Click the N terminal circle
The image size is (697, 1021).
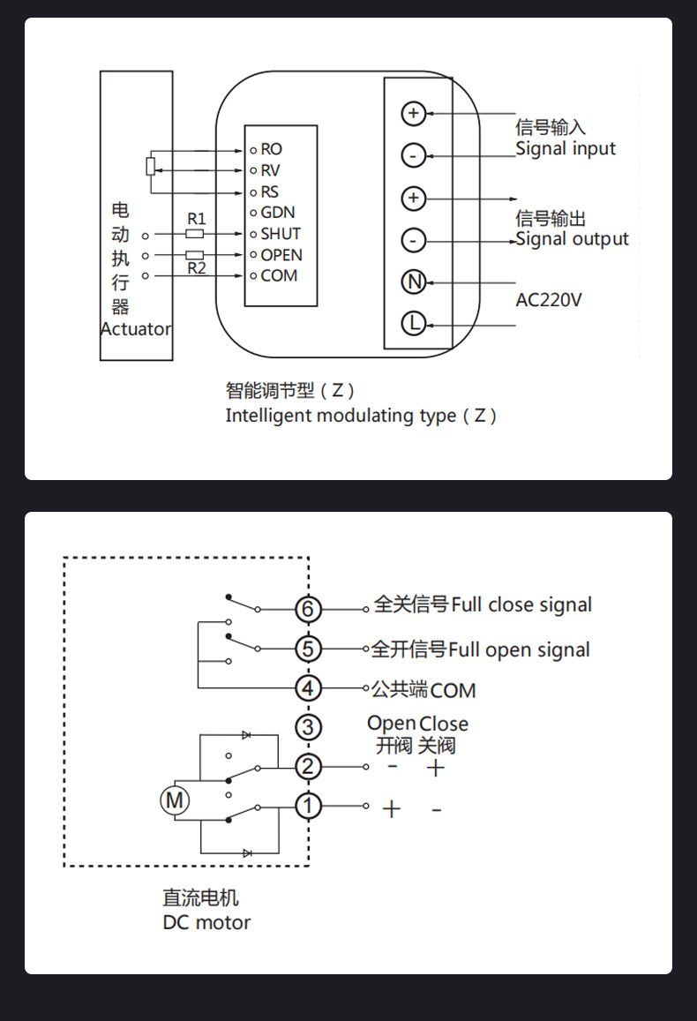click(x=413, y=282)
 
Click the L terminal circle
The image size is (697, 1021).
click(x=413, y=324)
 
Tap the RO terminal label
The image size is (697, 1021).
click(x=271, y=150)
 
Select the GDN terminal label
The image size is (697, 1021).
click(x=277, y=213)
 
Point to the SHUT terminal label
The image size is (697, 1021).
click(x=280, y=234)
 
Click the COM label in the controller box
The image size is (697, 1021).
click(x=279, y=275)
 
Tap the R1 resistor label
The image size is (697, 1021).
click(x=196, y=218)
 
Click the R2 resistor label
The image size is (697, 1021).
click(x=196, y=268)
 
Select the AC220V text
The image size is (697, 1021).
click(x=549, y=300)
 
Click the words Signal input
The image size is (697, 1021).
click(x=566, y=149)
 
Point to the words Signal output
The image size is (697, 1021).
click(x=573, y=239)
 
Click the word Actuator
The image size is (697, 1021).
click(x=136, y=329)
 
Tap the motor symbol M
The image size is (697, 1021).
click(x=174, y=800)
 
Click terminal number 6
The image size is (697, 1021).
click(x=307, y=609)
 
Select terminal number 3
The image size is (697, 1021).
click(x=307, y=727)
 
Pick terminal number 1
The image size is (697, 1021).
click(x=307, y=806)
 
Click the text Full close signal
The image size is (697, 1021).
click(x=521, y=605)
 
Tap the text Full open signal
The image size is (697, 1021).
click(x=519, y=650)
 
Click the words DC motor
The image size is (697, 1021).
click(x=206, y=923)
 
